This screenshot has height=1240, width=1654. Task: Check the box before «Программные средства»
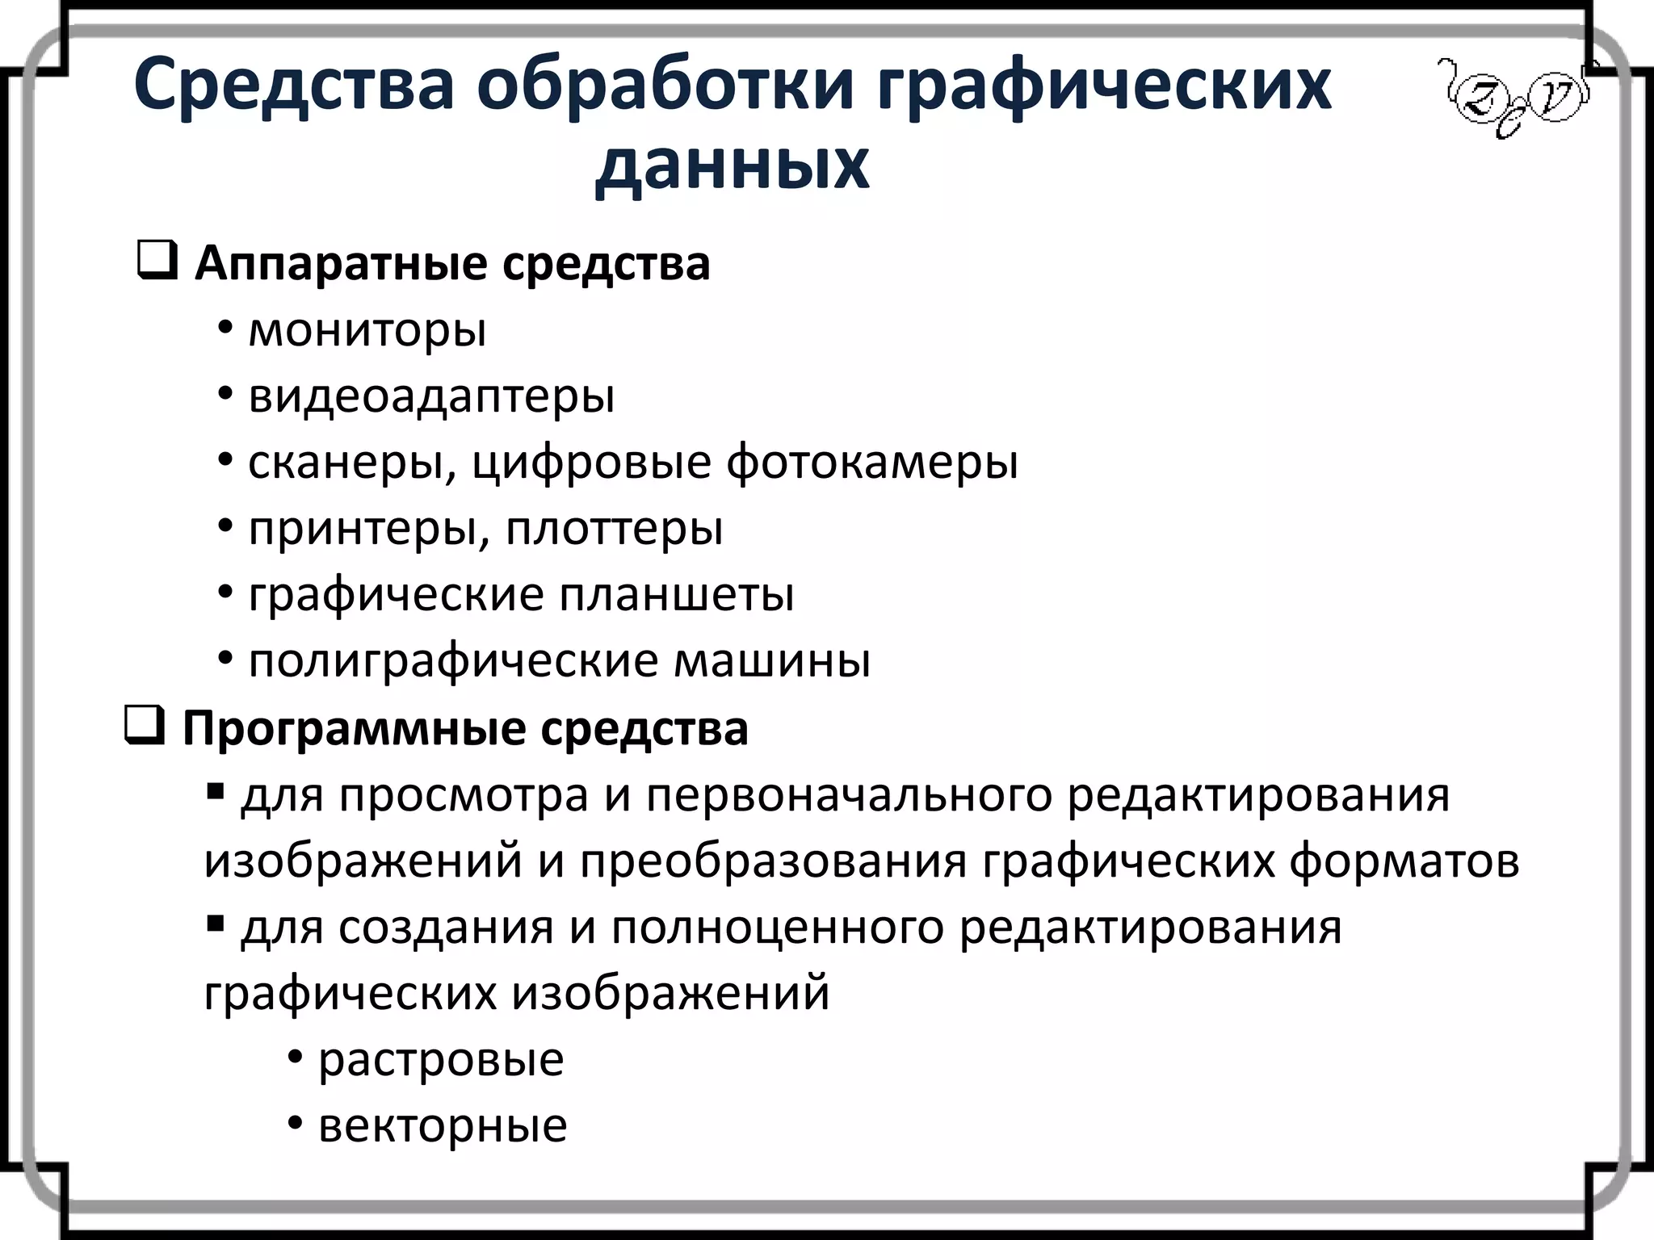(x=145, y=726)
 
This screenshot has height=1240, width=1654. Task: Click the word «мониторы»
(x=367, y=330)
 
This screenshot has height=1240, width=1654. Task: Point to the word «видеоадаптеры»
(x=431, y=396)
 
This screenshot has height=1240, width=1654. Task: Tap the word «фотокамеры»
(x=872, y=463)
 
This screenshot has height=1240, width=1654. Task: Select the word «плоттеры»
(x=614, y=529)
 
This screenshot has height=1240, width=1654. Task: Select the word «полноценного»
(x=778, y=928)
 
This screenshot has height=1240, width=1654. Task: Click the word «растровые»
(x=441, y=1060)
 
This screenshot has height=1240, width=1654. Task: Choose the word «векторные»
(x=443, y=1126)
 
